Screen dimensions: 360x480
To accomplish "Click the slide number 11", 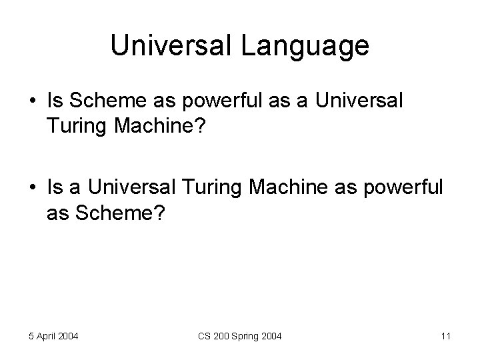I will point(445,336).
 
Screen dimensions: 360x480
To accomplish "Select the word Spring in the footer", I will point(244,336).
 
